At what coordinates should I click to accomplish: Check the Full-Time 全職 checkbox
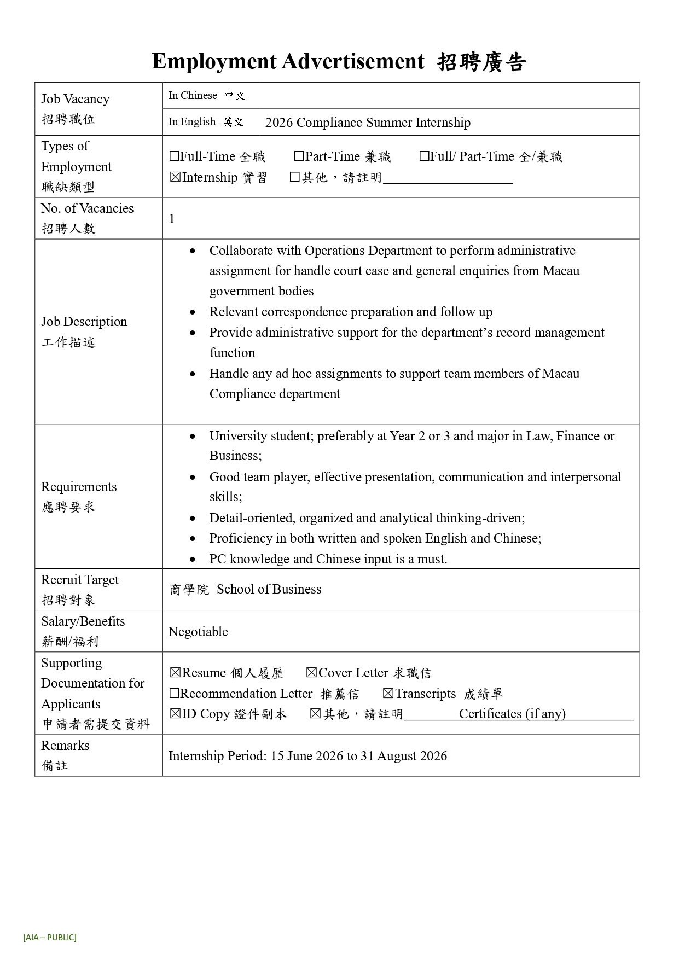175,156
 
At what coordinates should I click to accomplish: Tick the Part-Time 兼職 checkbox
299,156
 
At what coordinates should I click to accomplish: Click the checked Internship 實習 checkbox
175,177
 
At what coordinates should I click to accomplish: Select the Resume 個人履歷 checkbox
175,673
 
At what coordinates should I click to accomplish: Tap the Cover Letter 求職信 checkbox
312,673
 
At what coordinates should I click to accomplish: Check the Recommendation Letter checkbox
175,694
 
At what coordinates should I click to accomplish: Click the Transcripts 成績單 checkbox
388,694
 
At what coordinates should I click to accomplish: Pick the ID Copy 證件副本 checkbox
175,714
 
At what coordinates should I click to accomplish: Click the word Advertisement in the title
353,61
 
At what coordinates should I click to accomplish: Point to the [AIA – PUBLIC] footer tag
50,937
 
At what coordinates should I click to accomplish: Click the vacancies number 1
172,219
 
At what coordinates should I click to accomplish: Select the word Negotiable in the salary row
198,632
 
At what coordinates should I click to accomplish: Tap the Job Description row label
84,322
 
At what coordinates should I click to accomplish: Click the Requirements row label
79,487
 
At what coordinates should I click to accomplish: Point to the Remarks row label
65,746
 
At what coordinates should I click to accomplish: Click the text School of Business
269,589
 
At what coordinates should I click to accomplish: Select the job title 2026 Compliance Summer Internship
368,123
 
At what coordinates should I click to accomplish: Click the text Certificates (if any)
512,714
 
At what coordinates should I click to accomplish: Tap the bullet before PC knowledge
193,560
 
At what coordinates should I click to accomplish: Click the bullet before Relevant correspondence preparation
193,312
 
